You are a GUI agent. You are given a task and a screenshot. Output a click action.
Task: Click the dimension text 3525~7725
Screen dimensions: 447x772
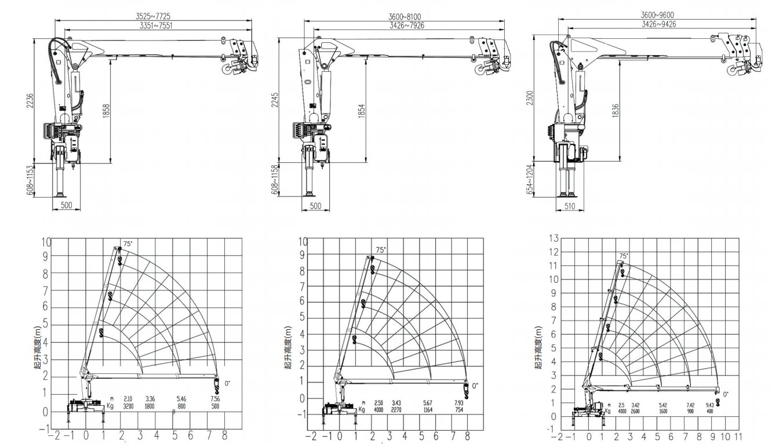coord(154,16)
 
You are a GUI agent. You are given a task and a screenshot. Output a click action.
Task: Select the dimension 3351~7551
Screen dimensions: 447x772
coord(156,26)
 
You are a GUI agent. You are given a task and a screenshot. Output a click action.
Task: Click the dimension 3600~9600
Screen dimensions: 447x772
coord(657,15)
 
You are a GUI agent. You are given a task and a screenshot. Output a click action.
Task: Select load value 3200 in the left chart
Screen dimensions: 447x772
coord(129,407)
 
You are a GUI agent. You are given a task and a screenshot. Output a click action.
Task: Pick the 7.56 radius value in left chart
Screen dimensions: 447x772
coord(215,399)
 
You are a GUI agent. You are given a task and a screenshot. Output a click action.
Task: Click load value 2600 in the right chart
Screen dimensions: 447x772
coord(636,412)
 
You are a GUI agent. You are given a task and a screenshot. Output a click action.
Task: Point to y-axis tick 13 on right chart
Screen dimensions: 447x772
coord(553,238)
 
